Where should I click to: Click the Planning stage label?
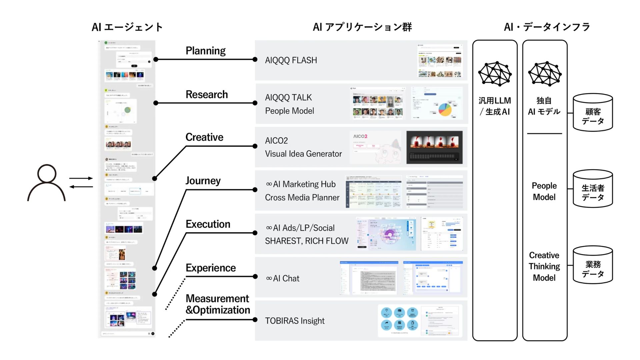(x=205, y=51)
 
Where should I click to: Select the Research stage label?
(x=207, y=94)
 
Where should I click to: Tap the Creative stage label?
(x=204, y=137)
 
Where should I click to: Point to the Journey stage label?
(x=203, y=181)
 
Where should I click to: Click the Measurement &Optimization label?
(x=218, y=304)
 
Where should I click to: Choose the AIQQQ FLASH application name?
(x=291, y=60)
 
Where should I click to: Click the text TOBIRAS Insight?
(x=295, y=321)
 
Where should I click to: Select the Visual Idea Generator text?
(x=303, y=154)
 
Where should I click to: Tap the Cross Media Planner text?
(x=302, y=197)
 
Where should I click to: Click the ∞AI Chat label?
(x=283, y=278)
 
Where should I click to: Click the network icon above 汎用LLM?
(x=495, y=74)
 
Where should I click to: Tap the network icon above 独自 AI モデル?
(x=545, y=74)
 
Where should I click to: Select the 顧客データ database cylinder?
(x=593, y=113)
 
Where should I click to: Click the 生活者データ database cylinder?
(x=593, y=189)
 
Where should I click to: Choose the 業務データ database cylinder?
(x=593, y=265)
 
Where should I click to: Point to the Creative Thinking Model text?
(x=544, y=266)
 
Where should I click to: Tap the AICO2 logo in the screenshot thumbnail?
(x=360, y=136)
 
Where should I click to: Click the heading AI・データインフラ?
(x=547, y=27)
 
